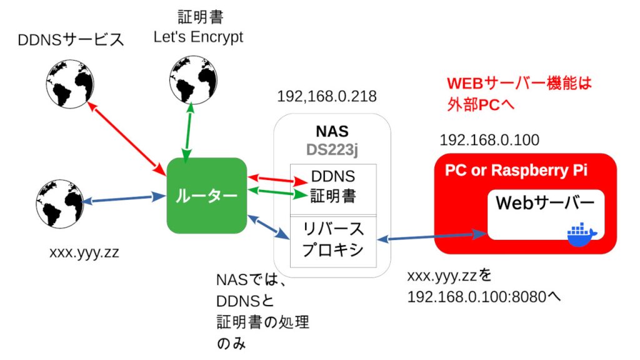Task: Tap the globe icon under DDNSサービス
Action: point(69,83)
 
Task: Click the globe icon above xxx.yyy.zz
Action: point(59,203)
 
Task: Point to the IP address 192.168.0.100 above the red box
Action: point(489,140)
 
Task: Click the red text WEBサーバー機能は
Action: point(519,83)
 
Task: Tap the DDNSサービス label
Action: point(69,41)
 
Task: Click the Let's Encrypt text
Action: point(199,37)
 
